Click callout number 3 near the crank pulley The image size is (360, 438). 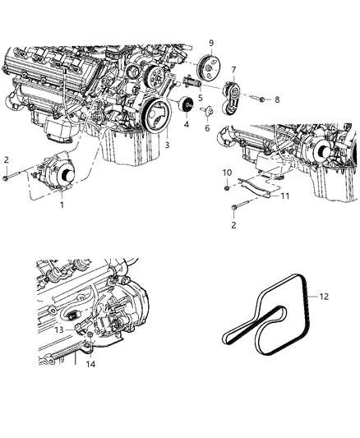pos(168,145)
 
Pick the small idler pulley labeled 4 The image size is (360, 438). pos(186,106)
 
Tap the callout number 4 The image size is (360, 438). pos(186,126)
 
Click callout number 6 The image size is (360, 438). pos(206,129)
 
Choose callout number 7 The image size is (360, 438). pos(234,69)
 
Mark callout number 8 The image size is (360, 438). pos(277,99)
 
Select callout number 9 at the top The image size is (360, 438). pos(211,42)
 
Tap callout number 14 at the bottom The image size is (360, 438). pos(90,362)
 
